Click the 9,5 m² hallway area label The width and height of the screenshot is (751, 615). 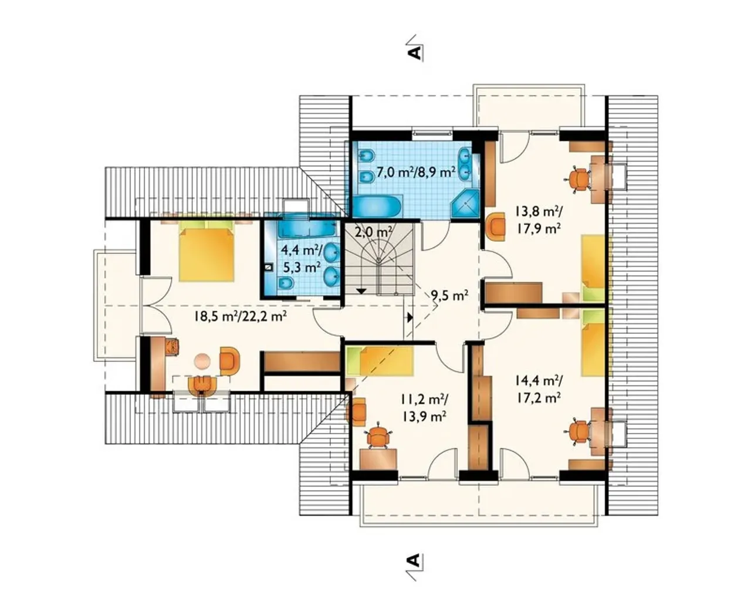coord(449,295)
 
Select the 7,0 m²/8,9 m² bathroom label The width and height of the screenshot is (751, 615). coord(416,173)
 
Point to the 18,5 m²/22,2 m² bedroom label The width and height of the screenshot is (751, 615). coord(241,316)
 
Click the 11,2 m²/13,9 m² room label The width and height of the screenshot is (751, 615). coord(425,408)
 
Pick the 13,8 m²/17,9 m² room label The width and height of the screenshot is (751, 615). coord(537,220)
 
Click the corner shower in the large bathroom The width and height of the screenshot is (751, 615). coord(465,204)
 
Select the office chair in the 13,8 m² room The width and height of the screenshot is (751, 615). coord(578,178)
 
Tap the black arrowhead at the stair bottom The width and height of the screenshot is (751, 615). coord(361,290)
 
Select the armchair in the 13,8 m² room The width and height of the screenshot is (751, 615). coord(495,227)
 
